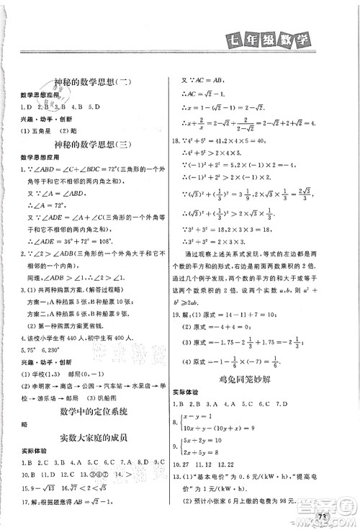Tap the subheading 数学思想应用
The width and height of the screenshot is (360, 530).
pyautogui.click(x=37, y=95)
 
